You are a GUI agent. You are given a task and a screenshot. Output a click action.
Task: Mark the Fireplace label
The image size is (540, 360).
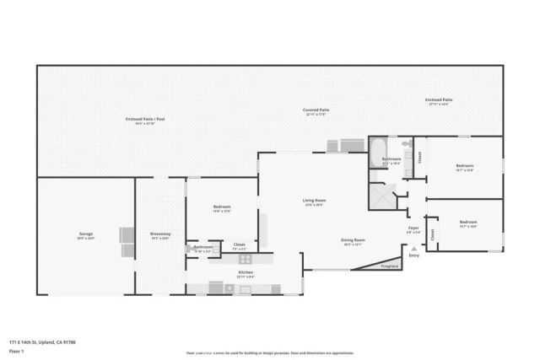[x=389, y=266]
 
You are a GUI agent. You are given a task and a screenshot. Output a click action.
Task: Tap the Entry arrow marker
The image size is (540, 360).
[x=413, y=249]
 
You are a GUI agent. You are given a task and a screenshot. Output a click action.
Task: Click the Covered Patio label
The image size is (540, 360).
[x=316, y=110]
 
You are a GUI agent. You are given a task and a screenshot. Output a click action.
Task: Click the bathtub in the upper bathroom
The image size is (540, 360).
[x=376, y=153]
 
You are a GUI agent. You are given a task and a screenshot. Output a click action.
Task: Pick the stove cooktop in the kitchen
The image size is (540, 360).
[x=245, y=260]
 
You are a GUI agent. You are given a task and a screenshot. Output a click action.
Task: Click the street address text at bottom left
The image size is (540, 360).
[x=41, y=342]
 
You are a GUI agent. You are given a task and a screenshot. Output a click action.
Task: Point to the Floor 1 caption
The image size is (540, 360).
[x=16, y=352]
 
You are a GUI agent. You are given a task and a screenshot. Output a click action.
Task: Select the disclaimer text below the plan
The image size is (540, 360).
[x=270, y=352]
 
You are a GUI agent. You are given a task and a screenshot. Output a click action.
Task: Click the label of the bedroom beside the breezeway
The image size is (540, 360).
[x=222, y=208]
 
